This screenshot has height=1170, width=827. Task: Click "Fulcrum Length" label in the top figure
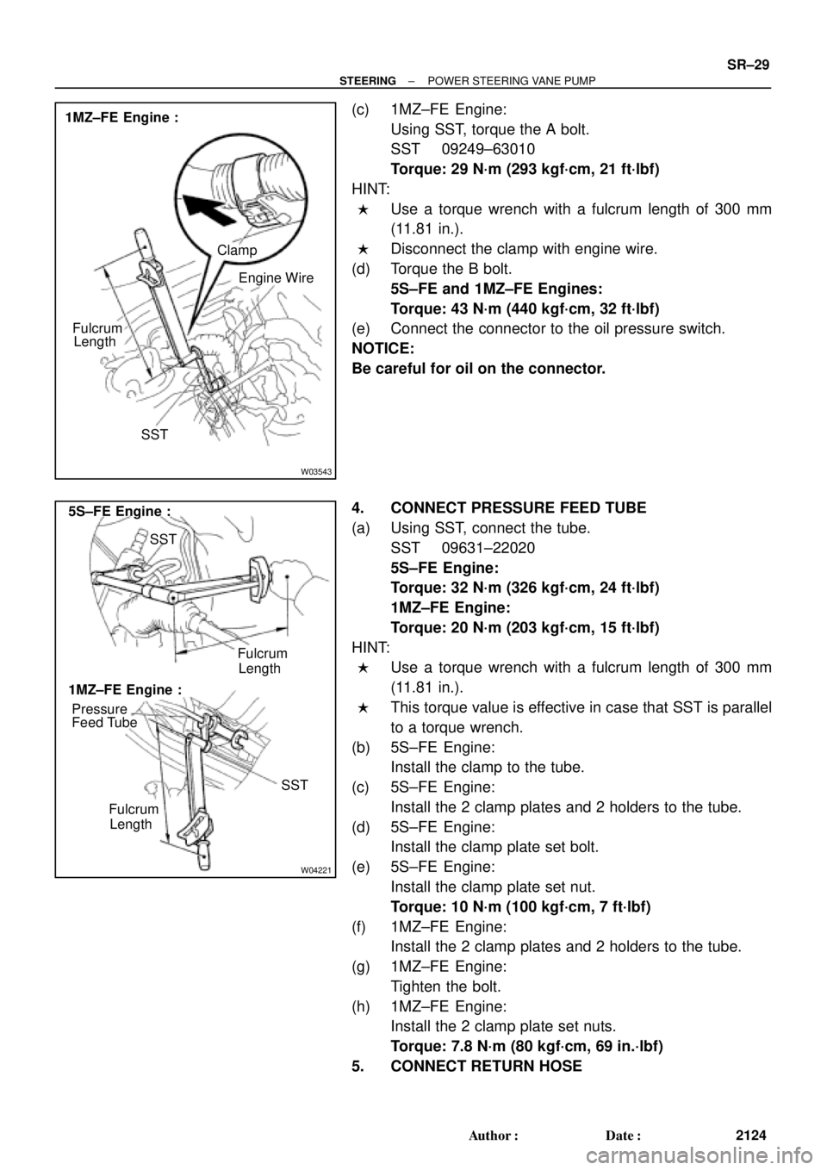(x=96, y=334)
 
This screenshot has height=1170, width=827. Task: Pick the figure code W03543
(x=315, y=471)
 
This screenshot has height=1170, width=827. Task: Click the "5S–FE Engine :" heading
(x=121, y=511)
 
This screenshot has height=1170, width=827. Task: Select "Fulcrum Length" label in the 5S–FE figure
(x=262, y=661)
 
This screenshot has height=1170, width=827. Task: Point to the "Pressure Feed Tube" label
(x=103, y=716)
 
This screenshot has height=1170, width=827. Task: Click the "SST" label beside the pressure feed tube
(x=294, y=785)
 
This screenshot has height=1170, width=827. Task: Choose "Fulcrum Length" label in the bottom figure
(x=133, y=817)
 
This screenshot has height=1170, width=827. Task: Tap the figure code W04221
(x=315, y=870)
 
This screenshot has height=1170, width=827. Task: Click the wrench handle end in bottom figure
(x=205, y=854)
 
